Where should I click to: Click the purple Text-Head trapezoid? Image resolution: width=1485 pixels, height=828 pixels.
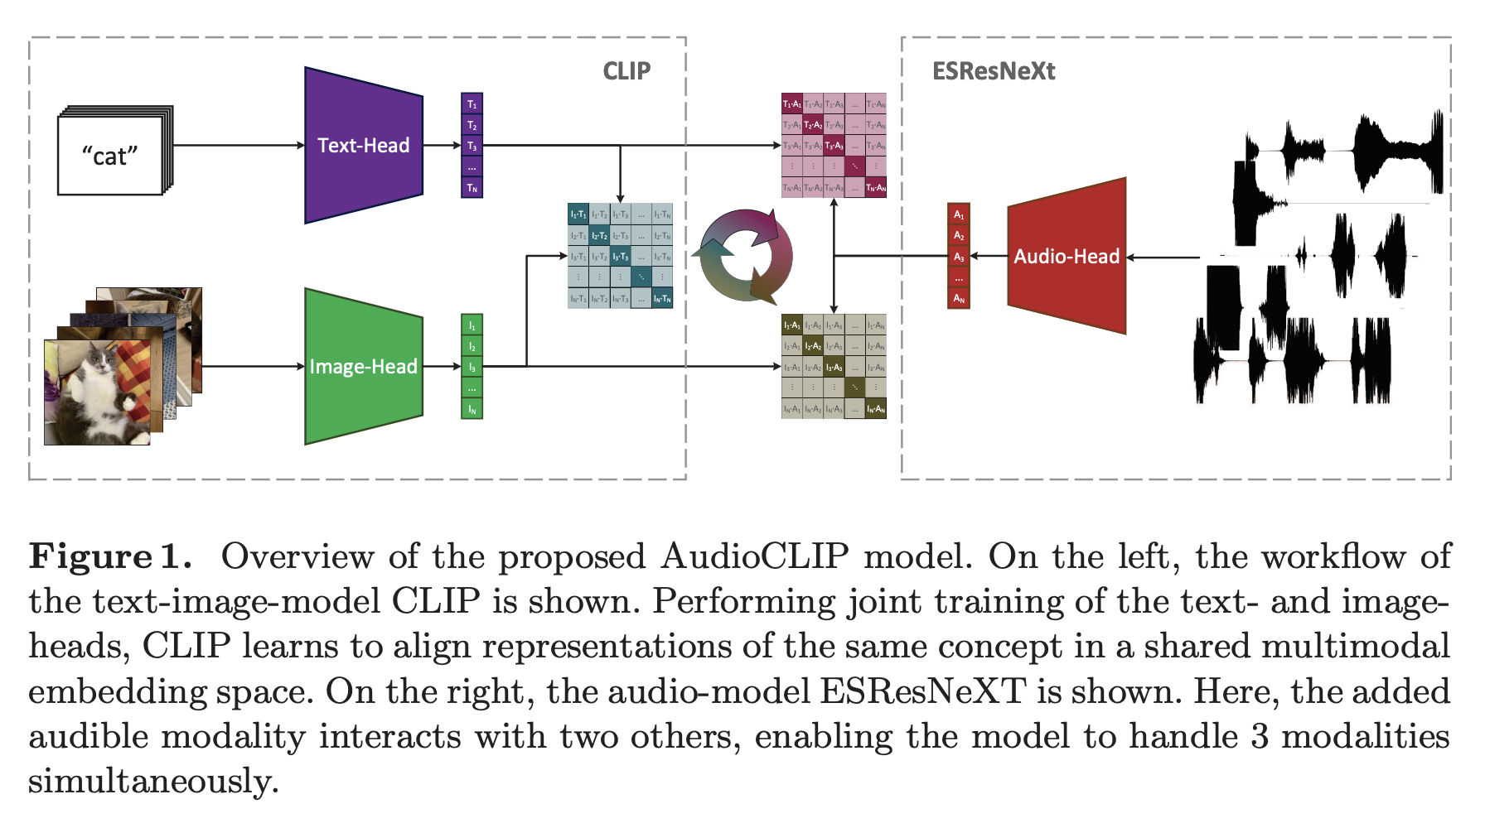click(x=363, y=145)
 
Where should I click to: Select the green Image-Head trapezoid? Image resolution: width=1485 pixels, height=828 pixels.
click(x=363, y=366)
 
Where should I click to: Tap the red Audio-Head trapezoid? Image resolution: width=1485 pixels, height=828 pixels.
click(x=1067, y=256)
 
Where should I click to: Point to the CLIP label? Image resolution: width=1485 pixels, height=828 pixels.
click(x=626, y=71)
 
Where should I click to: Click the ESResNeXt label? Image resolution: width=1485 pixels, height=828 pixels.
click(x=994, y=71)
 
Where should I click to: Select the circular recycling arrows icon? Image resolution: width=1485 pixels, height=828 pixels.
click(x=746, y=256)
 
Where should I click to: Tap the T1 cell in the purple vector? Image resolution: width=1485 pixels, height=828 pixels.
click(x=472, y=104)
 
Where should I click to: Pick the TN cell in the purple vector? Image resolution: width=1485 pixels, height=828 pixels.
click(x=472, y=188)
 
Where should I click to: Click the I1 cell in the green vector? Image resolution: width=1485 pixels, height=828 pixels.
click(x=472, y=325)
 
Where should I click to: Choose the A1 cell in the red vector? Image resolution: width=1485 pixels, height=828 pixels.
click(x=959, y=214)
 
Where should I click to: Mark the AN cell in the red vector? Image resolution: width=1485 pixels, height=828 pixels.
click(x=959, y=298)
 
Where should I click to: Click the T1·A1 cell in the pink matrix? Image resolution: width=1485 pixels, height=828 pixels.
click(x=791, y=103)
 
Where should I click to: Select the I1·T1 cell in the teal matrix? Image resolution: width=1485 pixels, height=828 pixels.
click(x=578, y=214)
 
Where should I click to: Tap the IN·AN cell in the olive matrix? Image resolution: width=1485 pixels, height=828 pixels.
click(x=876, y=408)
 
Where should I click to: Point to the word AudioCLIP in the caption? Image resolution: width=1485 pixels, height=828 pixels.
click(x=754, y=556)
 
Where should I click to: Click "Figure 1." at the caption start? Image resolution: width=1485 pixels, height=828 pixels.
click(x=109, y=556)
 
